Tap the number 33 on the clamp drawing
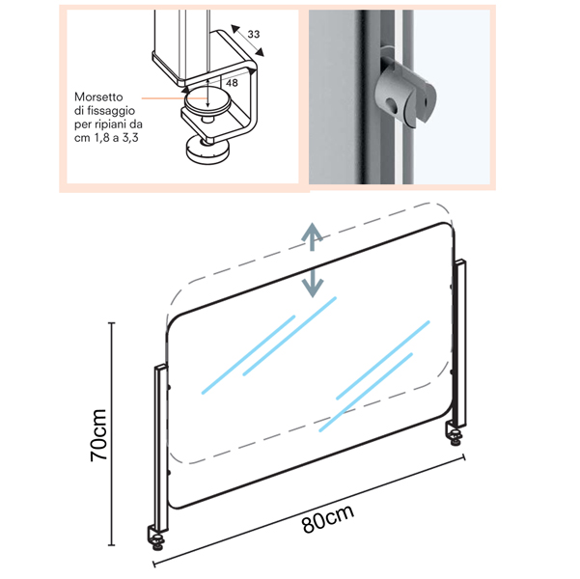[x=254, y=35]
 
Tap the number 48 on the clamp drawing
[x=231, y=83]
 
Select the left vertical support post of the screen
[x=160, y=444]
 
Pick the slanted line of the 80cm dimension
[x=318, y=507]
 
